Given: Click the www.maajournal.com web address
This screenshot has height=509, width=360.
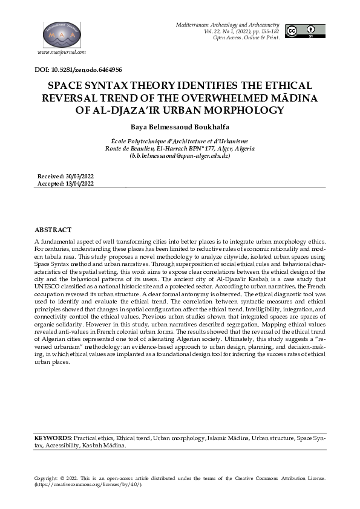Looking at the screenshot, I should (x=62, y=53).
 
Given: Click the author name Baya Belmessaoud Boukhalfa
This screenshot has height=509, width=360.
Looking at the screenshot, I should (x=180, y=128).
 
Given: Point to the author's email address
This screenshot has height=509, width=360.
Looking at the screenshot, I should (x=180, y=155).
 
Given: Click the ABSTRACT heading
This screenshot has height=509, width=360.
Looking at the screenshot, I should (x=53, y=230).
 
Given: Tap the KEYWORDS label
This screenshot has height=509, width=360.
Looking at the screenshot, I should (x=53, y=436).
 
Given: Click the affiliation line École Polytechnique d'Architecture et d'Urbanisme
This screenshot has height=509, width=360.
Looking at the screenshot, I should (x=180, y=141).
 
